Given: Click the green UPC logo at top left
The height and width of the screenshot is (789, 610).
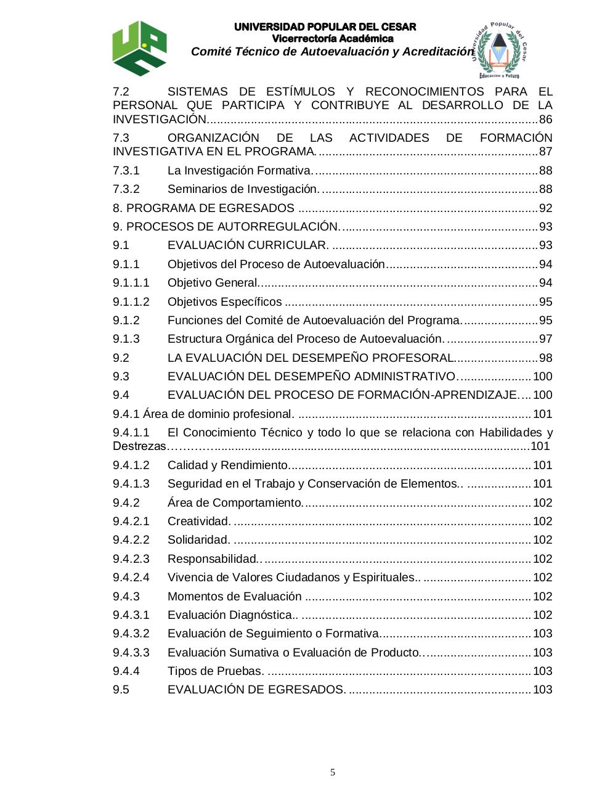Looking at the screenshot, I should point(139,47).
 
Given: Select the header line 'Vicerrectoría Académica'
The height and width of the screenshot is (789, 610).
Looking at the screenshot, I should point(333,39).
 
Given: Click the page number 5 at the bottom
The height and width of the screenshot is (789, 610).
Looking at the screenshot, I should point(333,772).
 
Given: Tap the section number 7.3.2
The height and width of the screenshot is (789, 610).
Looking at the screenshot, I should point(126,189).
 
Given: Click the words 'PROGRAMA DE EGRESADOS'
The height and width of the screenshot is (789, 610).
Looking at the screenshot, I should point(210,208).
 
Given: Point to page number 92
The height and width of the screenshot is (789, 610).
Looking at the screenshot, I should point(545,208).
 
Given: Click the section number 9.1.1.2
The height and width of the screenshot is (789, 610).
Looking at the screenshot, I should point(131,302).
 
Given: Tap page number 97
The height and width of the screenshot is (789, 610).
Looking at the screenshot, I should point(545,339).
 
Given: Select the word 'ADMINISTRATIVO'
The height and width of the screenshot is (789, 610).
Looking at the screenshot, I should point(404,377).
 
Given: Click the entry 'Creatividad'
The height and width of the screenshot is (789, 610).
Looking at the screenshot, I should point(198,521).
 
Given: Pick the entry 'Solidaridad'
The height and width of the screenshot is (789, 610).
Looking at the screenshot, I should point(198,540).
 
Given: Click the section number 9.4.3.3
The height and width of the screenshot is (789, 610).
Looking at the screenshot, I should point(131,653).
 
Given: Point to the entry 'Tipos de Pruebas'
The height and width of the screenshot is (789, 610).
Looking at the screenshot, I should point(215,671).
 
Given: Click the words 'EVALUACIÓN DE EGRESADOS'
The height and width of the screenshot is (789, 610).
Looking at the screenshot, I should point(256,690).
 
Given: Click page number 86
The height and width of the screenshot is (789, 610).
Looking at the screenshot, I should point(545,120).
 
